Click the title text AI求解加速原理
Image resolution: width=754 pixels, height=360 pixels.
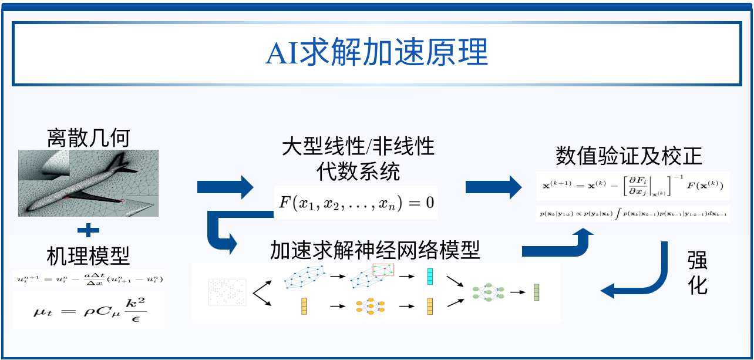376,53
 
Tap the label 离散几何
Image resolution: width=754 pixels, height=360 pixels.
88,139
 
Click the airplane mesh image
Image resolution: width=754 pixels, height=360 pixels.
88,183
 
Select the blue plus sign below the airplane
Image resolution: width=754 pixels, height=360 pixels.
88,230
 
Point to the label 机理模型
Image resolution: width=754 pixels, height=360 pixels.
88,256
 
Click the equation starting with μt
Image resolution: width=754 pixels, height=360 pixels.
88,309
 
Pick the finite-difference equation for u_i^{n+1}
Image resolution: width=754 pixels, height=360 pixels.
88,278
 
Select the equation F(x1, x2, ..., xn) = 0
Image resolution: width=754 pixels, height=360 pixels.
356,203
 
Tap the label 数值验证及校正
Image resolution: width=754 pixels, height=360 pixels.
628,157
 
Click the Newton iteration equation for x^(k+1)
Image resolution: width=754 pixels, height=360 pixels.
632,186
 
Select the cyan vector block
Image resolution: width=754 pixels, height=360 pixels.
430,277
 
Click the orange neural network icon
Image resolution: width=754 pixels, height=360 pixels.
366,306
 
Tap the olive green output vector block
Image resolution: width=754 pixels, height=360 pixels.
536,292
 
